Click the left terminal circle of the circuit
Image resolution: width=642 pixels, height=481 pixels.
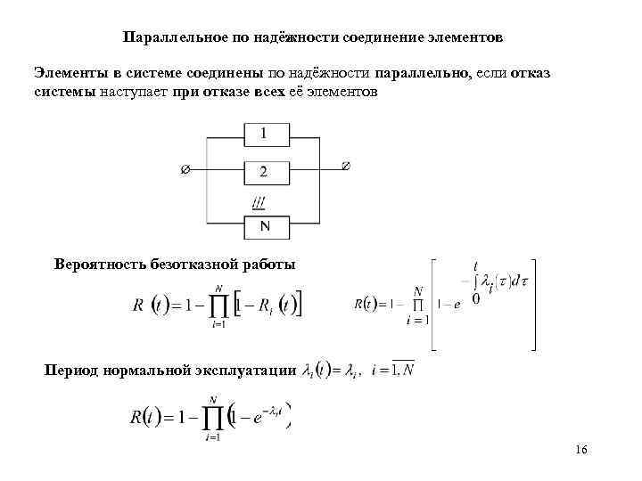(185, 168)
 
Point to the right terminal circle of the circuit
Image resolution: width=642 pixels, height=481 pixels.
(346, 165)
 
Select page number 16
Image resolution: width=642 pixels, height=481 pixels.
(581, 450)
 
